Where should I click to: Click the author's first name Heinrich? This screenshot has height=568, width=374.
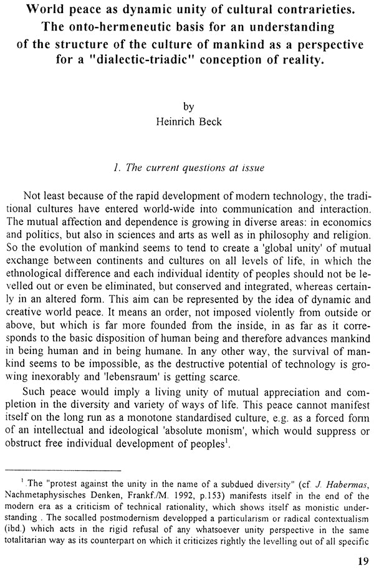176,121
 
